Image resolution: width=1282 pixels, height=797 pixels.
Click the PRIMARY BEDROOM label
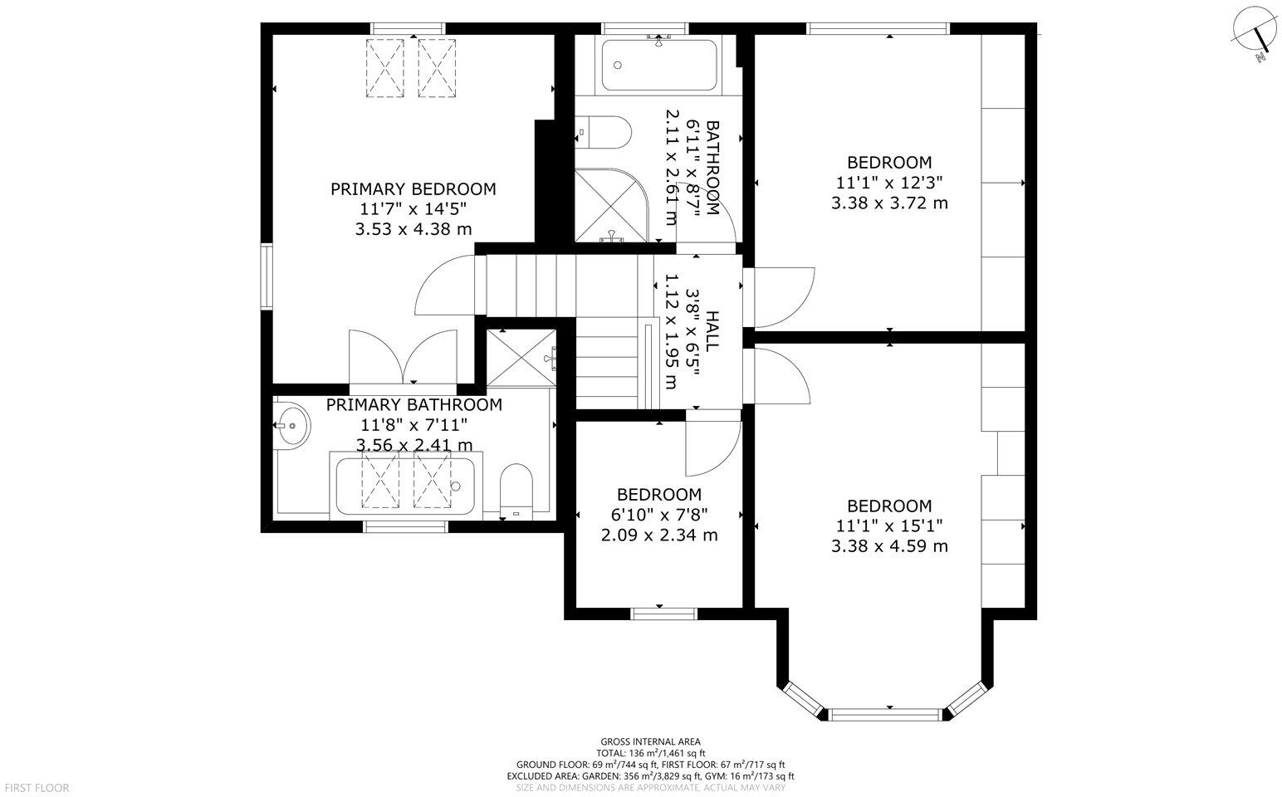[413, 188]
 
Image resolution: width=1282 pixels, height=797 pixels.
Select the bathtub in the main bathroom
[658, 65]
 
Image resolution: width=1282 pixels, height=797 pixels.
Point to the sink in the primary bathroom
[292, 425]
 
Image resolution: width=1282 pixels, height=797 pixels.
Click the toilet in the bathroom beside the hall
[603, 132]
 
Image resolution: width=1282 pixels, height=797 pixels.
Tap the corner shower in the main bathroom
[612, 205]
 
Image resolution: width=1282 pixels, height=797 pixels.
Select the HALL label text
[712, 331]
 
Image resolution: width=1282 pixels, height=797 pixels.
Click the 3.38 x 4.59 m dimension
[889, 545]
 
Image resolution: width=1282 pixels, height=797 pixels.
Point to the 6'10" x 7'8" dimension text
[659, 515]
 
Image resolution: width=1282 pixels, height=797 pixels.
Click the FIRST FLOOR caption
[37, 789]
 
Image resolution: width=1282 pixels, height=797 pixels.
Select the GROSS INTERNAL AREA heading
[651, 742]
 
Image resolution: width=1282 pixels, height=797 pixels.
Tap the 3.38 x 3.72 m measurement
[889, 203]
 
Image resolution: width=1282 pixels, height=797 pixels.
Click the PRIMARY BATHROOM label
[414, 405]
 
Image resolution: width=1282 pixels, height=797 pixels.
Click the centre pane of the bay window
[885, 713]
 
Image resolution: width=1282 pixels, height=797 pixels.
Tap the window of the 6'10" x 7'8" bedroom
[664, 614]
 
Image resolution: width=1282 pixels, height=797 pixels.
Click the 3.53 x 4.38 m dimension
[413, 229]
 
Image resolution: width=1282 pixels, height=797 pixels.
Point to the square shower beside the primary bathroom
[521, 358]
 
